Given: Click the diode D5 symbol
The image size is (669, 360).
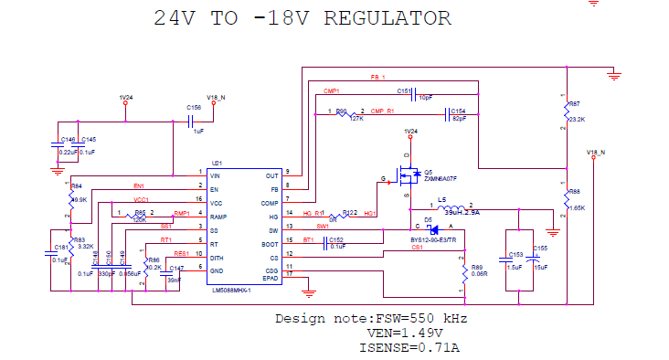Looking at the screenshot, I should (434, 229).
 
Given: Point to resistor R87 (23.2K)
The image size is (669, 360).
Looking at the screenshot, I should (567, 111).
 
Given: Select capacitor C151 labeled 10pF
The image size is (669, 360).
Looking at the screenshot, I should (416, 93).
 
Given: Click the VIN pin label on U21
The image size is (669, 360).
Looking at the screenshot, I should (216, 173).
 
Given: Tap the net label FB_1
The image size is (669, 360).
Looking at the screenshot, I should (377, 77).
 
